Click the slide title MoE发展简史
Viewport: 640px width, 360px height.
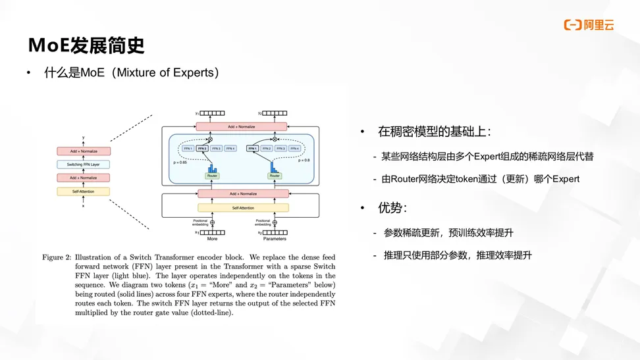click(x=86, y=45)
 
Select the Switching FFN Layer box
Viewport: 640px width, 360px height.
click(x=83, y=165)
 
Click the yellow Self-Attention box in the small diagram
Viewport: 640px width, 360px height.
click(x=83, y=192)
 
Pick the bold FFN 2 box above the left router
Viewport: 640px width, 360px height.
click(x=201, y=149)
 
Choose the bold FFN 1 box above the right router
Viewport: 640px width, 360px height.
click(x=252, y=149)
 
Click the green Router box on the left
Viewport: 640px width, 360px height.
click(x=212, y=176)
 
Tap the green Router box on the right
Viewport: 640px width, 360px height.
click(x=275, y=176)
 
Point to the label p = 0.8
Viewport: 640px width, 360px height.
click(x=304, y=160)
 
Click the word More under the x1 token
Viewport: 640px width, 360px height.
click(x=212, y=238)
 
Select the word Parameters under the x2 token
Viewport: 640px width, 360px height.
click(x=275, y=238)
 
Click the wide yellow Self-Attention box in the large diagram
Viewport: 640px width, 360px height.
click(x=243, y=208)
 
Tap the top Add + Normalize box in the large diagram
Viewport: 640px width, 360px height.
click(x=243, y=126)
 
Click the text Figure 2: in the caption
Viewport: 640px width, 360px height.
click(x=57, y=257)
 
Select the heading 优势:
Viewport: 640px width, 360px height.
click(x=392, y=208)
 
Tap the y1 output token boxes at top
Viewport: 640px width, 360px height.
click(x=213, y=113)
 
